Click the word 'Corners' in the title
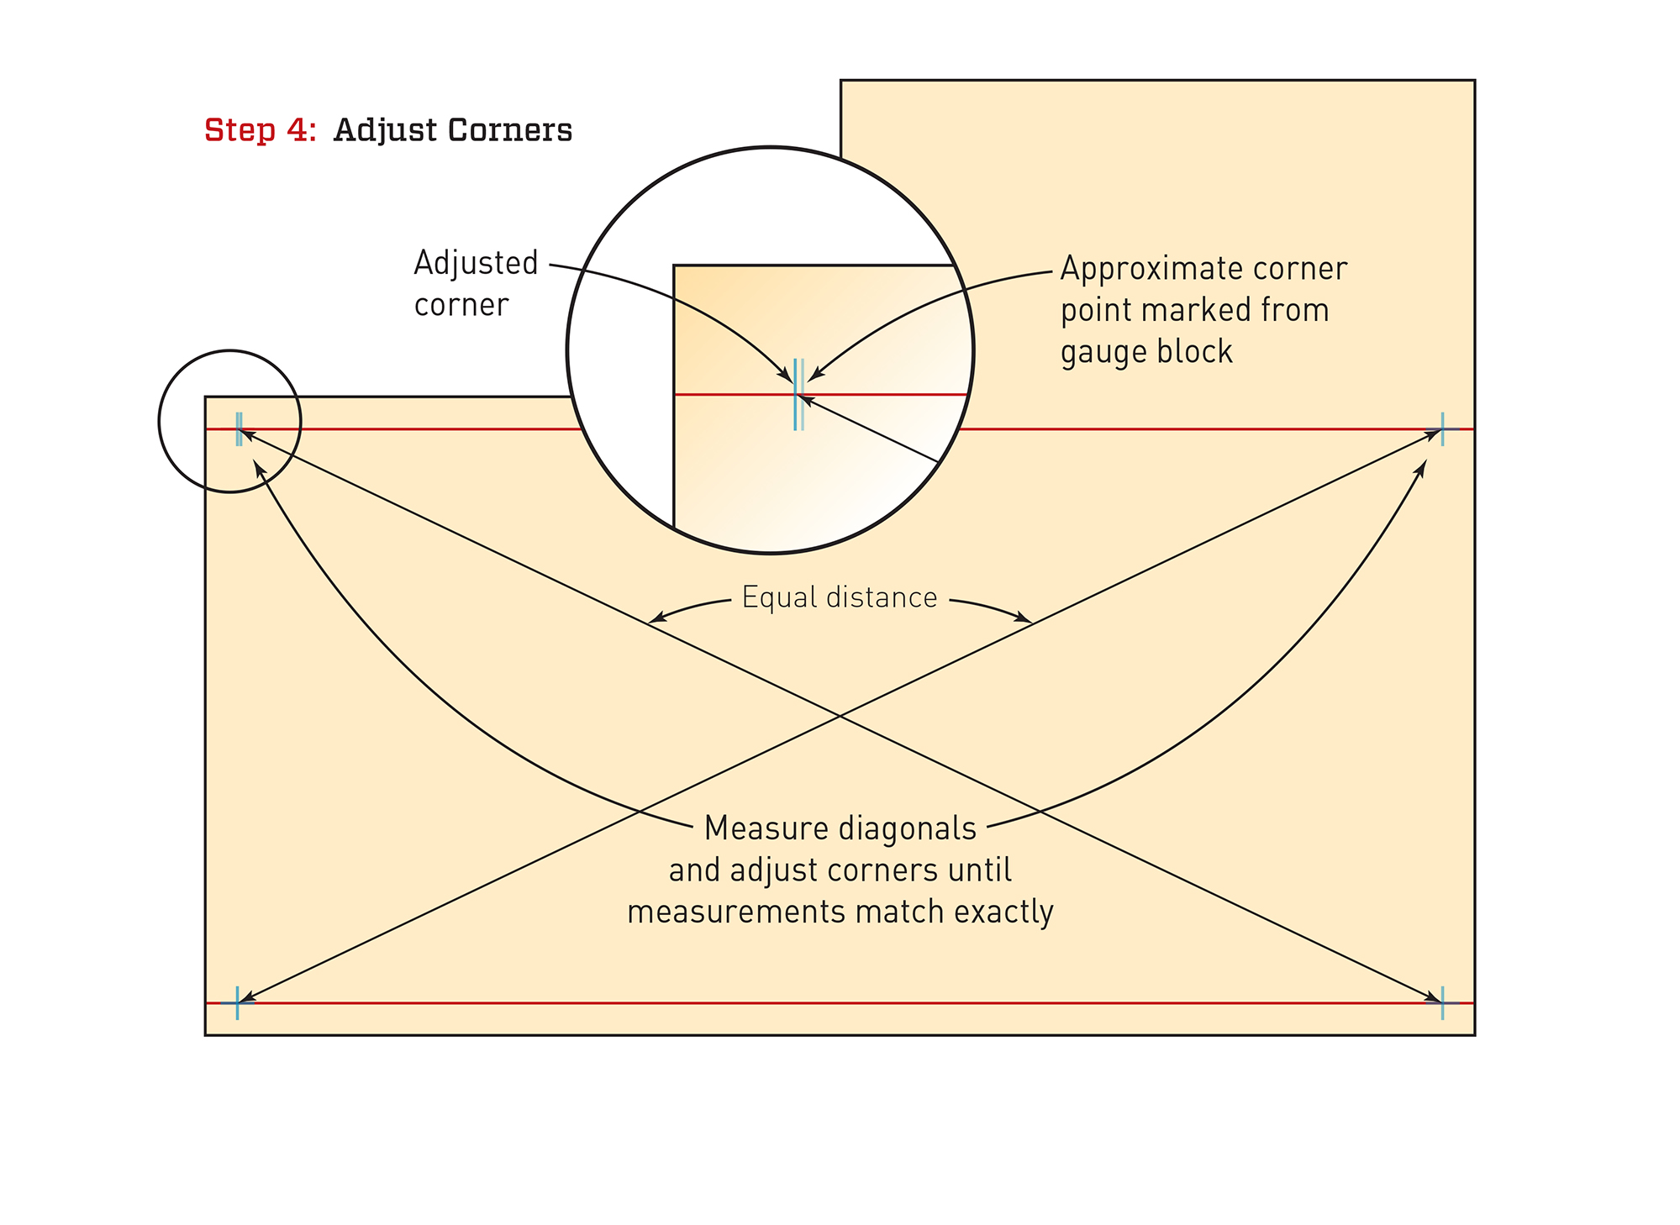510,130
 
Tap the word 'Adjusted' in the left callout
476,263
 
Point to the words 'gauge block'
1146,351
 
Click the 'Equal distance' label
839,597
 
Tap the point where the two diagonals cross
840,716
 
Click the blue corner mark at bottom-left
238,1002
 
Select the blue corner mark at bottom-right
1442,1002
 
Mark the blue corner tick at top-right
1442,429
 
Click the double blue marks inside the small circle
240,428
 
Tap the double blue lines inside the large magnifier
798,394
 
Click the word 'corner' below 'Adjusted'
461,304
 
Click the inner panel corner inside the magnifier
675,266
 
